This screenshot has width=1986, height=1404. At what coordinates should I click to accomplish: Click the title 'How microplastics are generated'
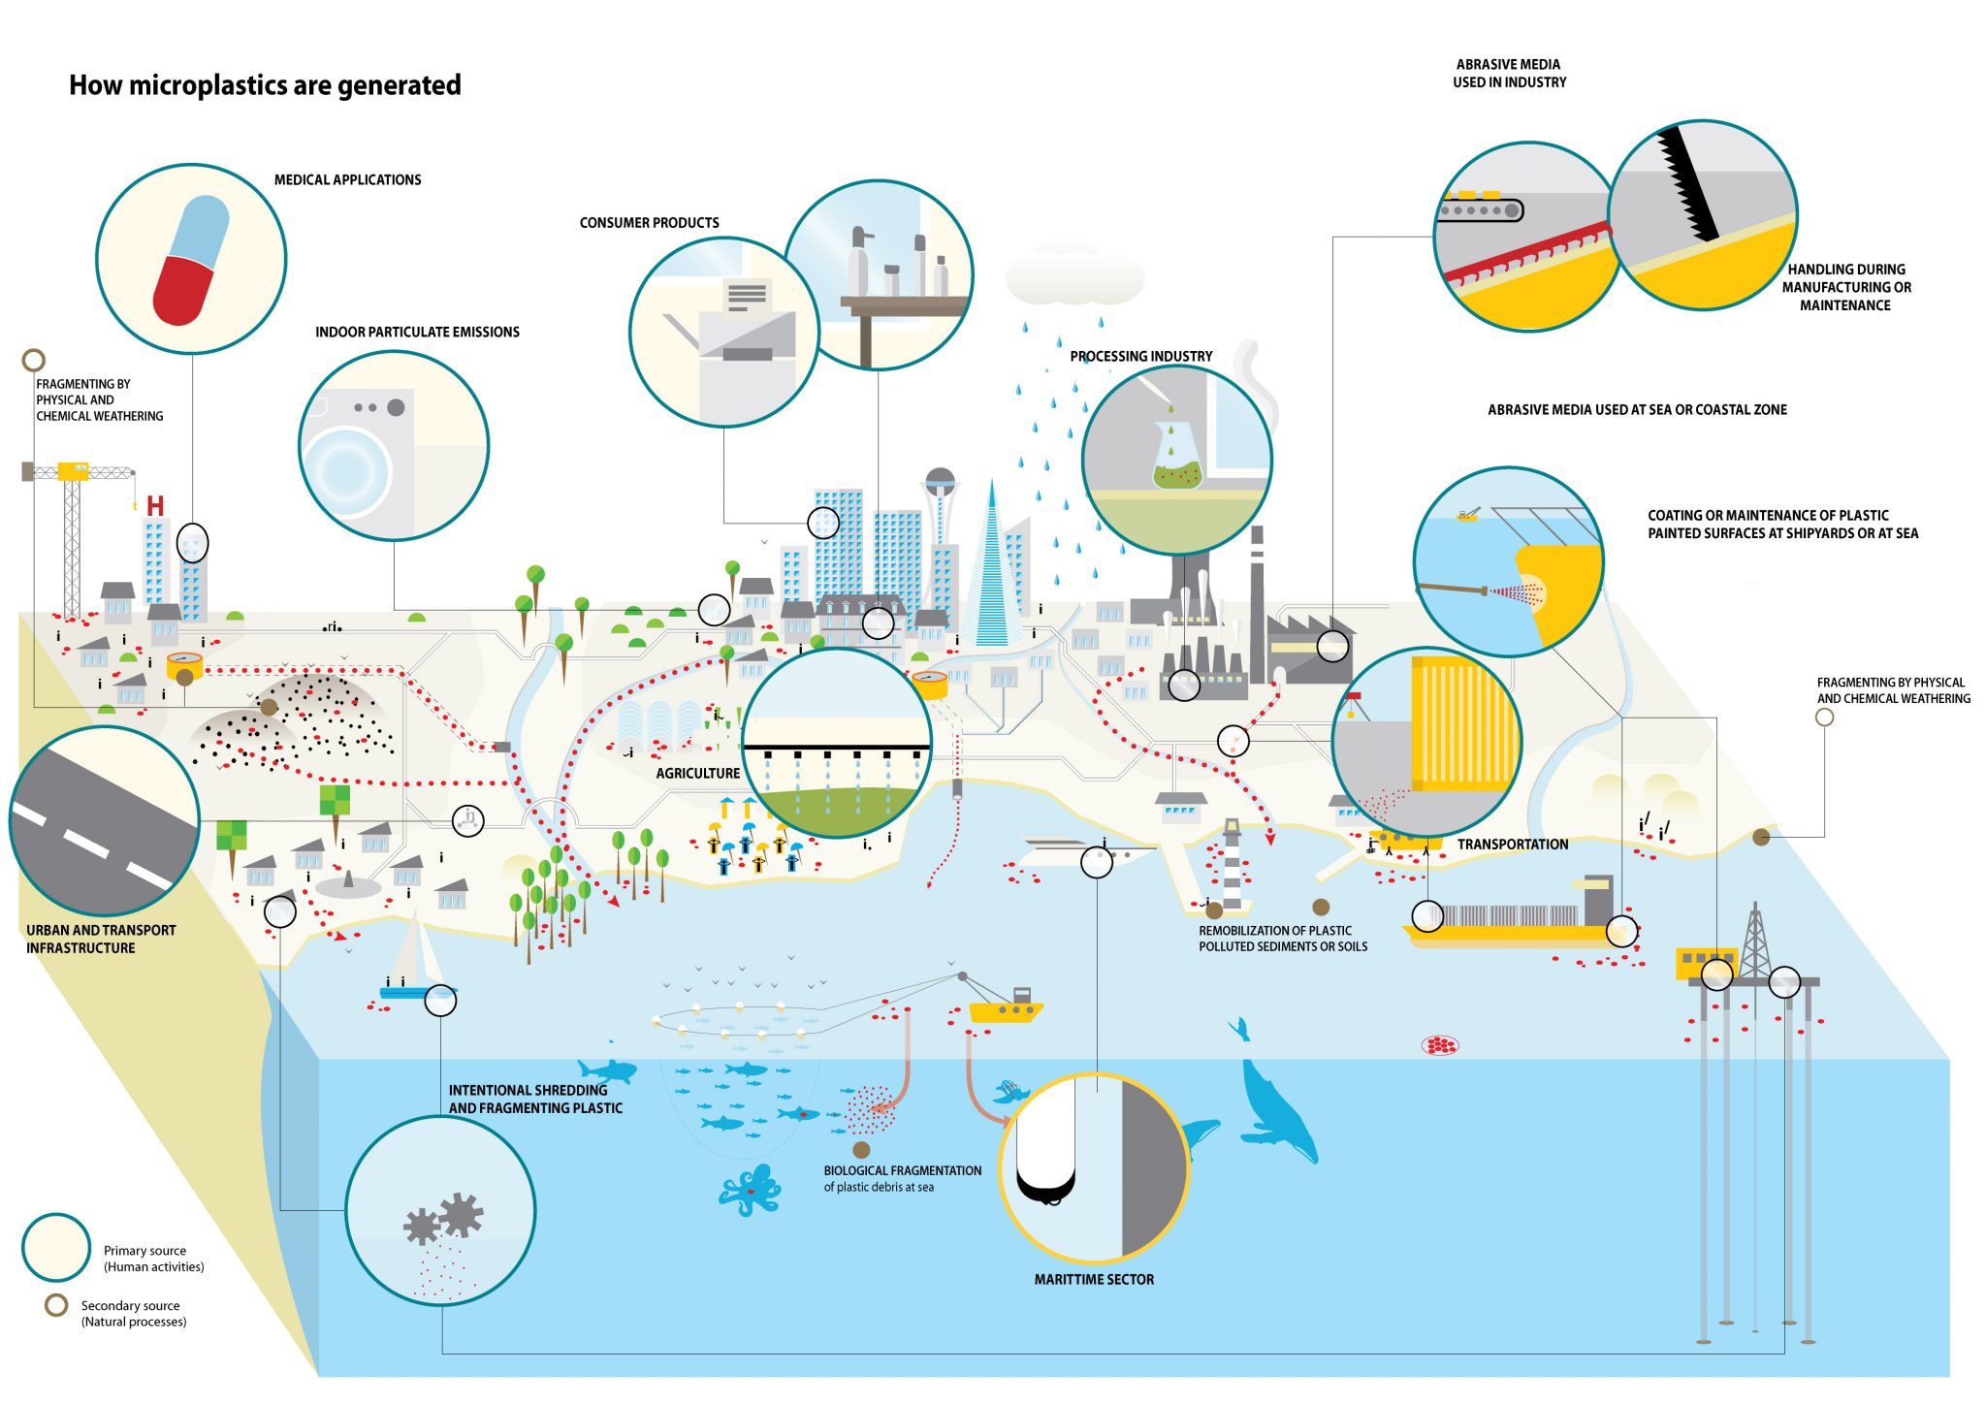coord(265,85)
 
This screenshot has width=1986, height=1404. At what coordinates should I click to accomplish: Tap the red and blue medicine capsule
coord(191,260)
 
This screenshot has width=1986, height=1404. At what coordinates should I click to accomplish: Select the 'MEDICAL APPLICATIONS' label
coord(347,180)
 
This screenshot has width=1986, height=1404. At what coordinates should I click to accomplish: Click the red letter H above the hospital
coord(155,506)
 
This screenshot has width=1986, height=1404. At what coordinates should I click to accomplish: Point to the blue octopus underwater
coord(750,1190)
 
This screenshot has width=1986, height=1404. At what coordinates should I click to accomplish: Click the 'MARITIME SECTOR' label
coord(1094,1280)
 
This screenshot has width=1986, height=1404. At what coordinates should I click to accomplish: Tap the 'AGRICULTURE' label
coord(697,774)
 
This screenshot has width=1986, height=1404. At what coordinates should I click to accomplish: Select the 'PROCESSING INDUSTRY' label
coord(1141,357)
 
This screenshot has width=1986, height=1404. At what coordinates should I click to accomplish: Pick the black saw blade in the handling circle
coord(1687,184)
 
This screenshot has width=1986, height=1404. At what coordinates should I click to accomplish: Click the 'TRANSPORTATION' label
coord(1512,845)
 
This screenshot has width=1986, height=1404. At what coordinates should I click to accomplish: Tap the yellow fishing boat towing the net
coord(1006,1006)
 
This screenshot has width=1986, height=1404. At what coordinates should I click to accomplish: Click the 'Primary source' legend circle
coord(56,1248)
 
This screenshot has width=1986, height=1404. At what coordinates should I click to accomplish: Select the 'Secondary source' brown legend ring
coord(56,1305)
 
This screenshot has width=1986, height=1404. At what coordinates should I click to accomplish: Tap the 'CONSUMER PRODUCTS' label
coord(650,223)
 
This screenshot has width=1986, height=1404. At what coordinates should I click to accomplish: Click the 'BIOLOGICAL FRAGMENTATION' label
coord(903,1171)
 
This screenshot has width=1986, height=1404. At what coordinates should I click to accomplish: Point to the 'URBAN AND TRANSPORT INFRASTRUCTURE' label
coord(101,940)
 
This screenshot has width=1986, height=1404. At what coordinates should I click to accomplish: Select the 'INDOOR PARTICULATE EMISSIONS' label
coord(417,333)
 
